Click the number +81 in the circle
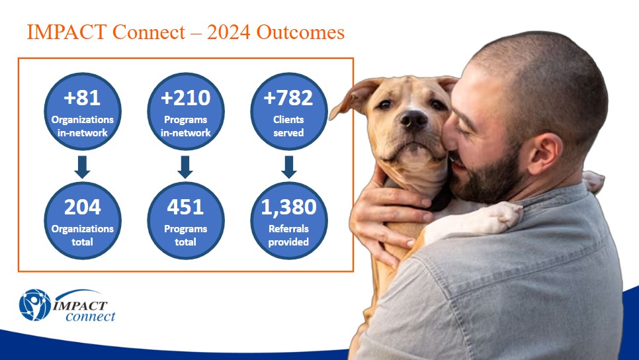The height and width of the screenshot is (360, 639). tap(82, 98)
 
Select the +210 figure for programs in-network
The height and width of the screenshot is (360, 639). tap(185, 98)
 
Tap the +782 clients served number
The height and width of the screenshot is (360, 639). tap(288, 98)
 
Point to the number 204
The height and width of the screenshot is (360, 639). tap(82, 207)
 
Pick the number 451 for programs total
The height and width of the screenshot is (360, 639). tap(185, 207)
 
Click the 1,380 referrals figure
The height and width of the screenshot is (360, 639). tap(288, 207)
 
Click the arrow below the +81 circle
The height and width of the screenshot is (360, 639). tap(82, 167)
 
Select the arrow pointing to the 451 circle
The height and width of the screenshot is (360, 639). tap(185, 167)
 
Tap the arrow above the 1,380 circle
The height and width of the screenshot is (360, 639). tap(289, 167)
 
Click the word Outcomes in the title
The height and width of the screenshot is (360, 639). tap(300, 32)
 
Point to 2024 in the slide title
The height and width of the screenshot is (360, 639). tap(228, 32)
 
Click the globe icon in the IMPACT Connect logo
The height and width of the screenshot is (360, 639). tap(35, 305)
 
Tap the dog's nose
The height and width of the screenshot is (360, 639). tap(413, 120)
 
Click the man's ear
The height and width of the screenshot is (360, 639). tap(543, 154)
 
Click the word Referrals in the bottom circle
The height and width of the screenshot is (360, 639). tap(288, 229)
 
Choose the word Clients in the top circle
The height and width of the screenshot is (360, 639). tap(288, 120)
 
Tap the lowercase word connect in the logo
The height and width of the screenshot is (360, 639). tap(91, 316)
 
